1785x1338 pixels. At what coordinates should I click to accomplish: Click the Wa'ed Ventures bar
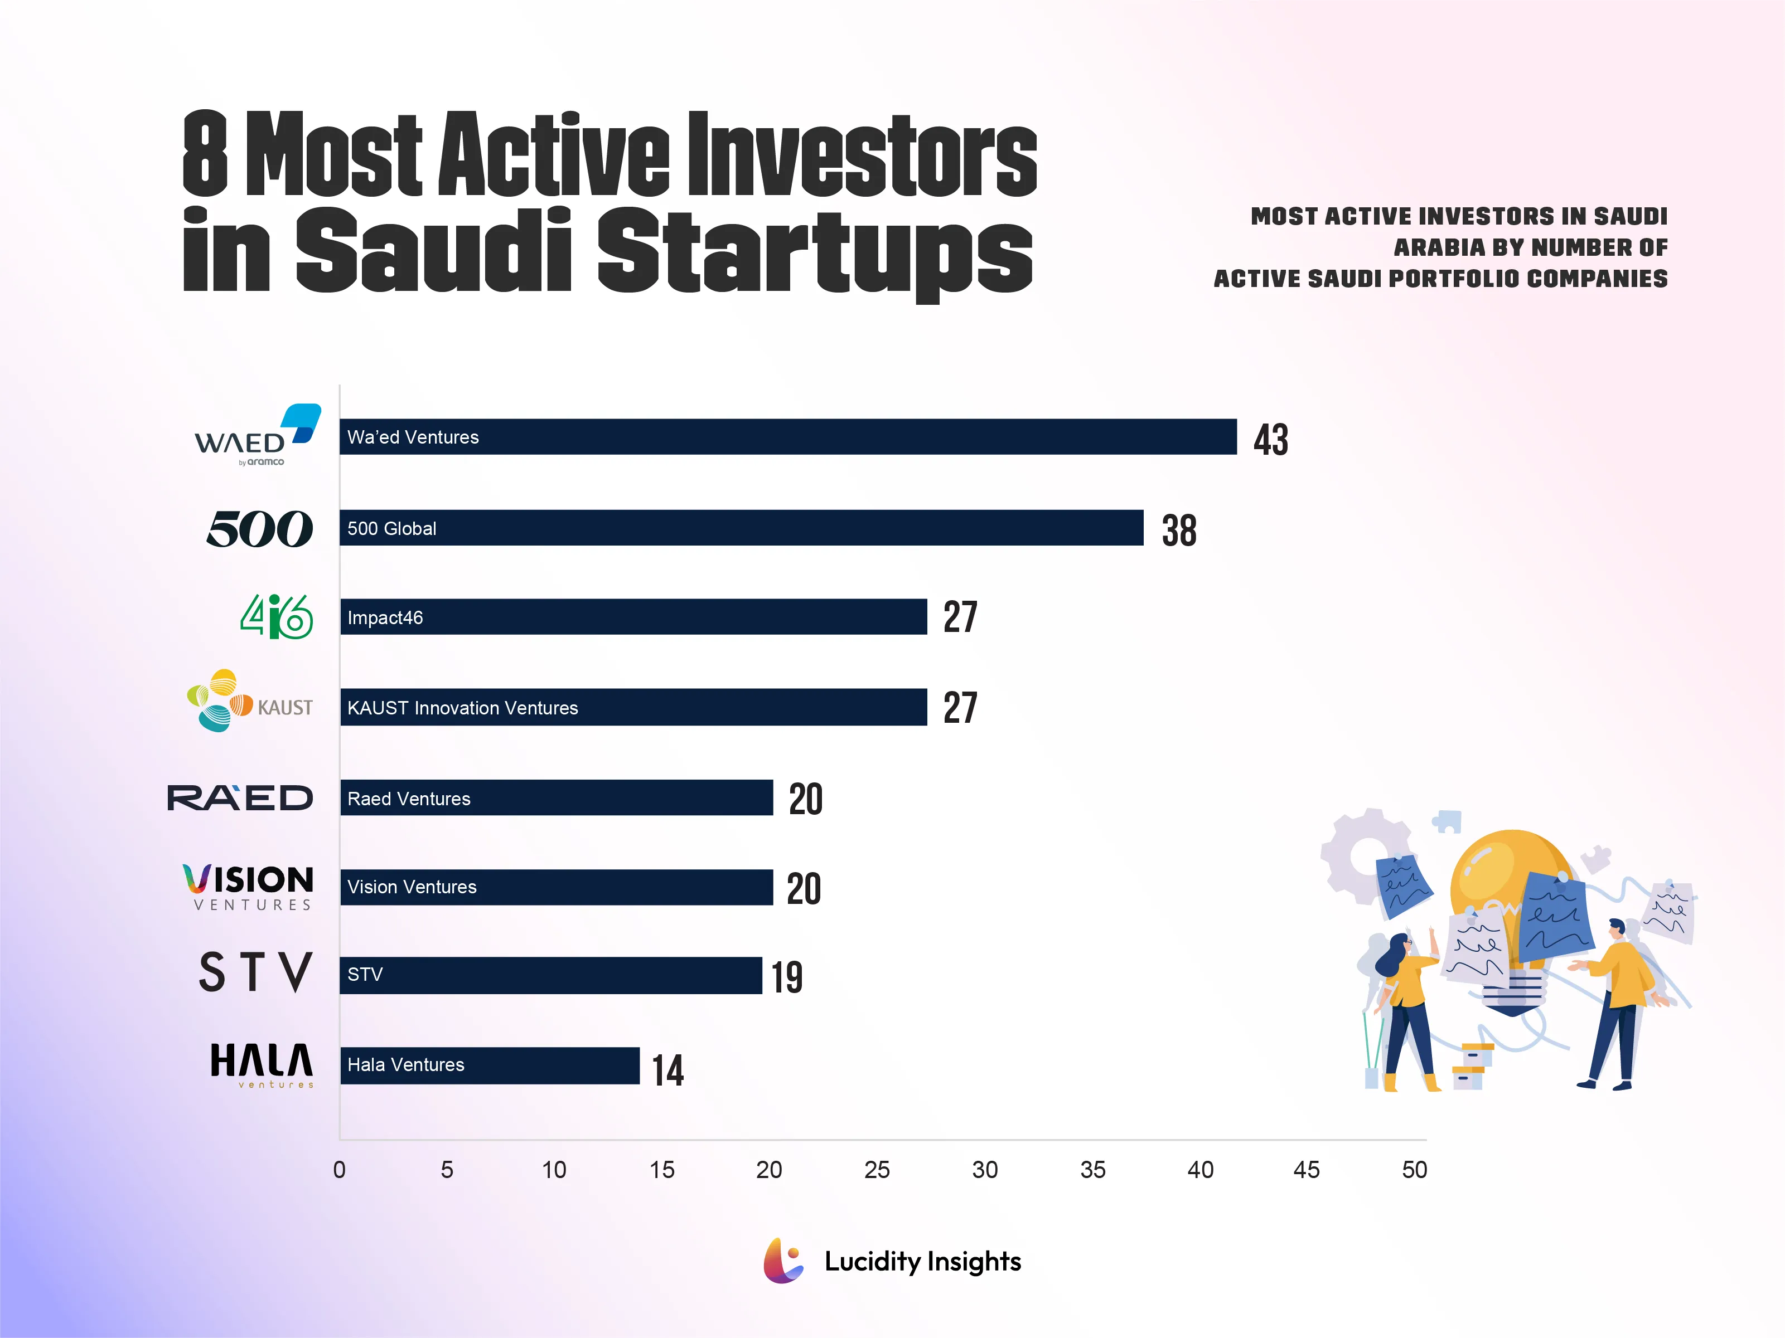click(787, 436)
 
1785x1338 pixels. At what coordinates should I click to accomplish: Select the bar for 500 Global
click(741, 528)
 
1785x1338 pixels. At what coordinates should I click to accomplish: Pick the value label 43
click(1270, 440)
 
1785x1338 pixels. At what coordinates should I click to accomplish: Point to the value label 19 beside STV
click(787, 977)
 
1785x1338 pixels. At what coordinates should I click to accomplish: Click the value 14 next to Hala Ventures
click(667, 1071)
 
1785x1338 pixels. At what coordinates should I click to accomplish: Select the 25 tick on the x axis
click(877, 1170)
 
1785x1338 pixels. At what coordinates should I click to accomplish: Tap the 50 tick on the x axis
click(1414, 1170)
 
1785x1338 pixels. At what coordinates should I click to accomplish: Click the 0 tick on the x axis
click(339, 1170)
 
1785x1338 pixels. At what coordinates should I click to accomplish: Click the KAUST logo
click(249, 701)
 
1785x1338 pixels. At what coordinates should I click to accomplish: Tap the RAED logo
click(240, 797)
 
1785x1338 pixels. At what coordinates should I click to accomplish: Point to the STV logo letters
click(255, 972)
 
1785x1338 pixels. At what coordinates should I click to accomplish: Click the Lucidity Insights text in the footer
click(922, 1261)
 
